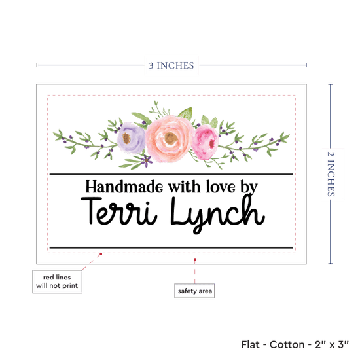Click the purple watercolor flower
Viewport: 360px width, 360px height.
click(131, 137)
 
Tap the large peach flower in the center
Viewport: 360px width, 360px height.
click(170, 139)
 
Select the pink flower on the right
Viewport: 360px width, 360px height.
click(205, 142)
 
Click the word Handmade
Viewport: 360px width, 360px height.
click(124, 187)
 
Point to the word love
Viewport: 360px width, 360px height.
click(221, 187)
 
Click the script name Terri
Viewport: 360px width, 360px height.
click(119, 211)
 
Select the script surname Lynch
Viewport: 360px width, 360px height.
click(218, 213)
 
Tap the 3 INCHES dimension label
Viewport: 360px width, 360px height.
click(171, 65)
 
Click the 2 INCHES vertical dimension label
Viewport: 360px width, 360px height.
click(331, 174)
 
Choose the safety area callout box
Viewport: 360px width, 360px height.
click(194, 291)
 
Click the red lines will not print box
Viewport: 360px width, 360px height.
click(57, 281)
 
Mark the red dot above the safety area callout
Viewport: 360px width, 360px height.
click(195, 259)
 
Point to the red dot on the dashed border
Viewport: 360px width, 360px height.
click(101, 254)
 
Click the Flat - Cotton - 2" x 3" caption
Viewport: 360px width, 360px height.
click(295, 344)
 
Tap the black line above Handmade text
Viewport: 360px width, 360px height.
click(171, 175)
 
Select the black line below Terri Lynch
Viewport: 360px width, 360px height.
click(171, 247)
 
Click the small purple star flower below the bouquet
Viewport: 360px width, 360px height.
click(146, 160)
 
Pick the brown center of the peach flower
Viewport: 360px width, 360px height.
click(171, 138)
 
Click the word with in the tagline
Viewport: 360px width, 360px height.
click(185, 187)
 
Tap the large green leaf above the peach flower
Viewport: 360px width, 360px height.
click(186, 113)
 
